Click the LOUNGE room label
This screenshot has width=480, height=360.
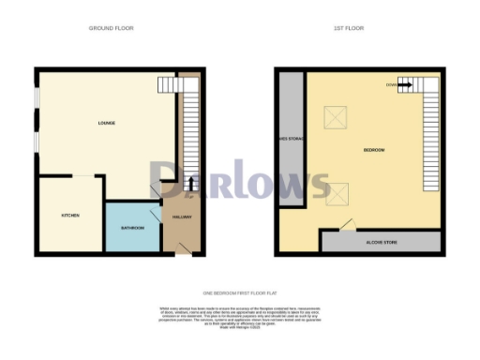point(106,124)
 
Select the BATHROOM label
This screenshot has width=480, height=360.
point(132,228)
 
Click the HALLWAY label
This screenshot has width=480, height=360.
point(181,217)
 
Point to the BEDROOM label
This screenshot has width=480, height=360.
point(373,150)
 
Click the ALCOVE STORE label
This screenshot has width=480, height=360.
point(380,242)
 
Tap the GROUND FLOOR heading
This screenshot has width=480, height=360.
point(111,29)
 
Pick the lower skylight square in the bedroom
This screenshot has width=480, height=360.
point(336,193)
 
